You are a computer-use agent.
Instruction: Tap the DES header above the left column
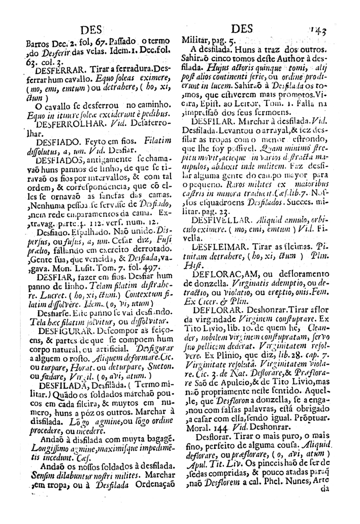(x=88, y=29)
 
